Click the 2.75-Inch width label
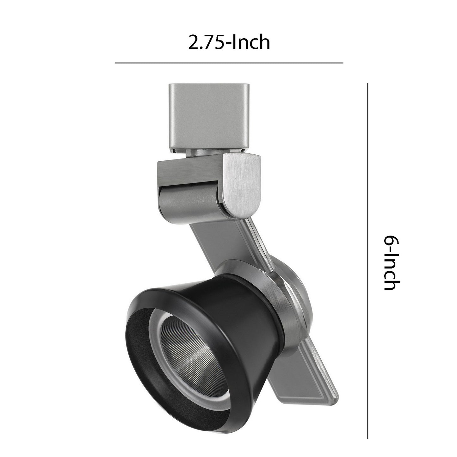pos(229,42)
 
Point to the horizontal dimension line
pos(229,63)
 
